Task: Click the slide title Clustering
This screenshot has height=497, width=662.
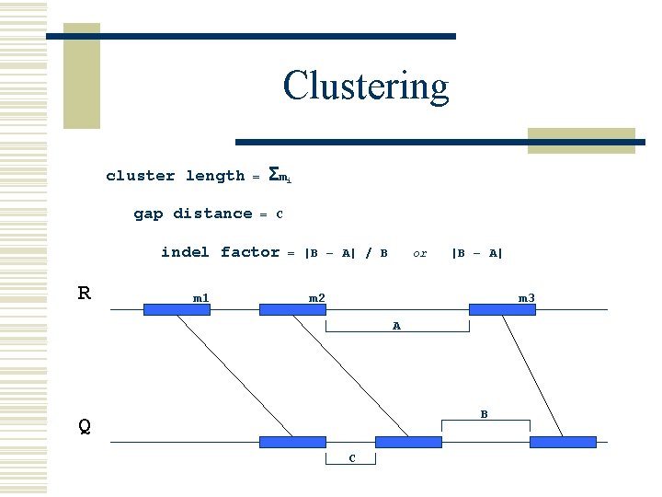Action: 366,87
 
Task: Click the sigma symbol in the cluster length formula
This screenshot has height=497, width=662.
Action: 273,173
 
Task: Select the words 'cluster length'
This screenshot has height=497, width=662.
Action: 175,176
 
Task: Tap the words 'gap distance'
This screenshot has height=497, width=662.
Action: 192,214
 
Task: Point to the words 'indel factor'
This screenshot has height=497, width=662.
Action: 220,252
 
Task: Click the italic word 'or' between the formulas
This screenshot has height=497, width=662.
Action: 420,253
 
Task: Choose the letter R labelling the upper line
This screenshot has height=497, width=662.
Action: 84,294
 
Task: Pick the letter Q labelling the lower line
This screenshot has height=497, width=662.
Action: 84,426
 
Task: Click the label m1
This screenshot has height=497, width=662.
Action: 200,297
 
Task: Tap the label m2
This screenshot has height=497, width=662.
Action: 316,297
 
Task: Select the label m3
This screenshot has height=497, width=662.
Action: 526,297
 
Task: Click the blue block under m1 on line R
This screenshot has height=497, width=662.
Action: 177,310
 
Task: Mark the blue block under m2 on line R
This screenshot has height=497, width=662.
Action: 292,310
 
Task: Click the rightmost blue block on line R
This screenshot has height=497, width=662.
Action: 502,310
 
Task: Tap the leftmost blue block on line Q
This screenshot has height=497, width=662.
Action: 292,443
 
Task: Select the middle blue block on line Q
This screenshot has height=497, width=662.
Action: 408,443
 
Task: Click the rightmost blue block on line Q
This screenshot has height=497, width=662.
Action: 563,443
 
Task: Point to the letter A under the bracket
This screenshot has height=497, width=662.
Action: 396,327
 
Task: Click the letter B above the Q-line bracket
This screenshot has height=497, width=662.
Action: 485,415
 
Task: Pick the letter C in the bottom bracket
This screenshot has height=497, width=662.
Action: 351,458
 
